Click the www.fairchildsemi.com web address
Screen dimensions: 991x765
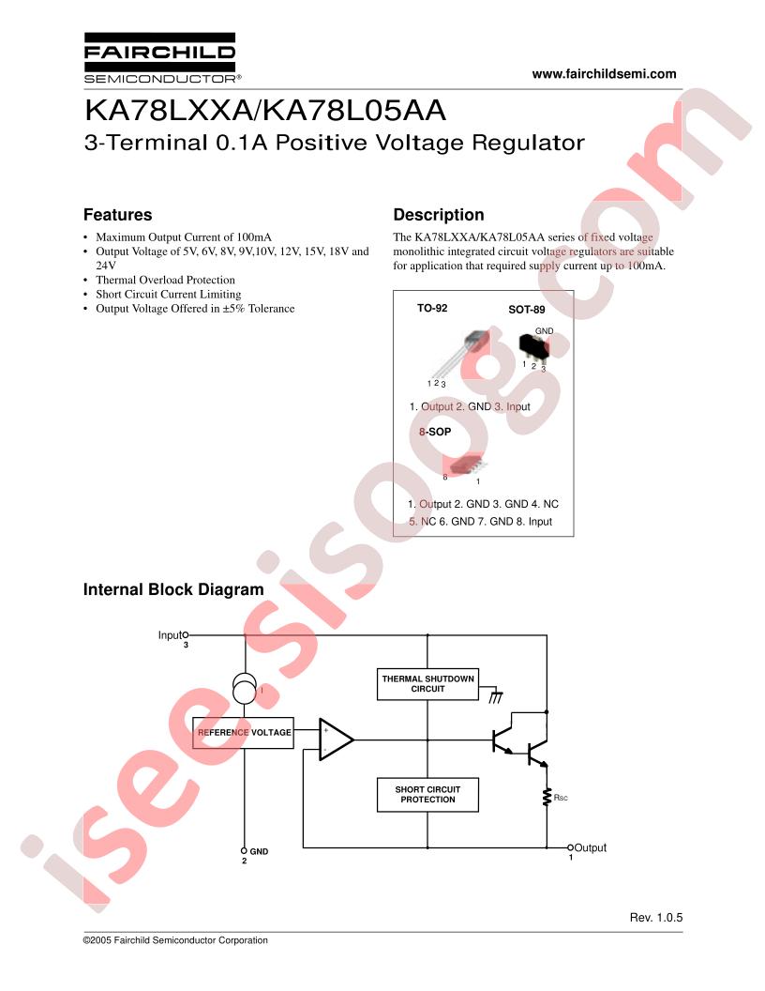coord(604,74)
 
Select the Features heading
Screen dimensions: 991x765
coord(117,215)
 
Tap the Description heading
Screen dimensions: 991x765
coord(438,215)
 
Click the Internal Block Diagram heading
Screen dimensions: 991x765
coord(173,590)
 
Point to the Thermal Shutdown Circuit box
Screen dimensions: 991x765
coord(427,683)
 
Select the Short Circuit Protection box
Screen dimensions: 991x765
coord(427,795)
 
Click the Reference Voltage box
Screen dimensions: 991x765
coord(243,732)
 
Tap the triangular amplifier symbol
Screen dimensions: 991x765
coord(335,739)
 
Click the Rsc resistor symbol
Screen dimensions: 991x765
coord(545,798)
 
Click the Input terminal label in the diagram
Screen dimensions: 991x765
coord(170,635)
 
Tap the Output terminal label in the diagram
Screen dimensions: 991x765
coord(590,847)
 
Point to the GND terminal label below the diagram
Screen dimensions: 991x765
coord(259,851)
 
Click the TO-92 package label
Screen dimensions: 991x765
coord(432,308)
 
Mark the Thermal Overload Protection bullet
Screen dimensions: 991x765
coord(165,280)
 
